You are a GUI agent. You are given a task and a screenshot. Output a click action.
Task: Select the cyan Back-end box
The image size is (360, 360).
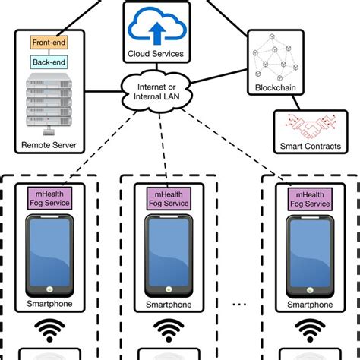(x=49, y=63)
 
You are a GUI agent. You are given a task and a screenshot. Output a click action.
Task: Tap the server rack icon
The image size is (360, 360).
(x=49, y=100)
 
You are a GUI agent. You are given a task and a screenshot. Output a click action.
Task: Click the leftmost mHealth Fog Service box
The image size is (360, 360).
(x=50, y=200)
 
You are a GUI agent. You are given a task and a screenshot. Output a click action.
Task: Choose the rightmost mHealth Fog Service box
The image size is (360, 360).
(x=310, y=200)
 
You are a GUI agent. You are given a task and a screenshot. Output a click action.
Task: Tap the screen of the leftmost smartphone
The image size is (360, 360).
(x=50, y=251)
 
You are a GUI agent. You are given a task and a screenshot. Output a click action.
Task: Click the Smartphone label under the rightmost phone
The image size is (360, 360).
(x=310, y=305)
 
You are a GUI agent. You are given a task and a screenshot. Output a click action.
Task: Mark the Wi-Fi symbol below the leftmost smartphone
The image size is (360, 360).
(x=50, y=330)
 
